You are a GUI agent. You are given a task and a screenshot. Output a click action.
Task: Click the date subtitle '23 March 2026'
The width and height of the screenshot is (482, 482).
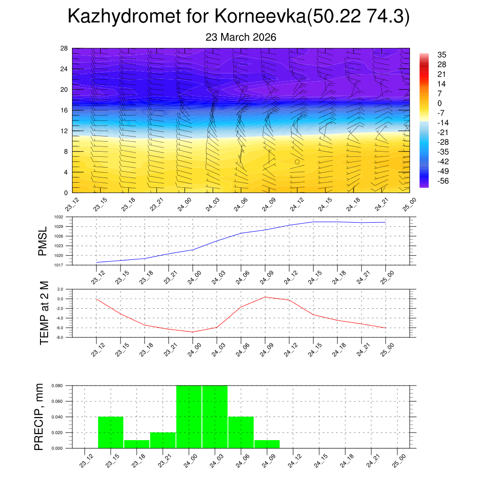point(241,37)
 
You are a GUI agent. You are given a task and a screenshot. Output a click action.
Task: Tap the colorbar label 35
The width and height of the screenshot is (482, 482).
point(442,54)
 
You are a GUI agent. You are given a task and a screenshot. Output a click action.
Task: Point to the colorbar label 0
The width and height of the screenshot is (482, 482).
point(440,103)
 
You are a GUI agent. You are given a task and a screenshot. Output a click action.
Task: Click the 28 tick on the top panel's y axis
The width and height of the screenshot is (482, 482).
point(64,48)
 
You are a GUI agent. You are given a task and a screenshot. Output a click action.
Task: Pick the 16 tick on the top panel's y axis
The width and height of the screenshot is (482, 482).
point(64,110)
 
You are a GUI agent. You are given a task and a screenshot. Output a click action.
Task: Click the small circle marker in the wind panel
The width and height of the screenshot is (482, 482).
point(297,161)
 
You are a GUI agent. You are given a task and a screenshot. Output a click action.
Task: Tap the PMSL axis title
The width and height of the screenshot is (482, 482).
point(43,241)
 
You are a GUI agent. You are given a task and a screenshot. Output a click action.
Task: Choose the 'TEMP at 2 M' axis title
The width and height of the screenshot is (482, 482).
point(44,313)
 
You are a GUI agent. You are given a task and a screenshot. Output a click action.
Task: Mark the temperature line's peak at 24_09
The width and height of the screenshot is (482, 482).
point(265,297)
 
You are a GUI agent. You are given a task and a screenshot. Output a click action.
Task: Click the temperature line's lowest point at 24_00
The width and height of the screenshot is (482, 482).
point(193,332)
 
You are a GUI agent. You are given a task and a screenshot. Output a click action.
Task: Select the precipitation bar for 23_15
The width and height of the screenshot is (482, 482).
point(111,432)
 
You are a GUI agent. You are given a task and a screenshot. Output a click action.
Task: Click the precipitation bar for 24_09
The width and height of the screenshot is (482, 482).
point(267,444)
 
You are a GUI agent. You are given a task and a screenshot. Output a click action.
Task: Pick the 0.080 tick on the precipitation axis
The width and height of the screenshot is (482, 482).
point(57,386)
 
